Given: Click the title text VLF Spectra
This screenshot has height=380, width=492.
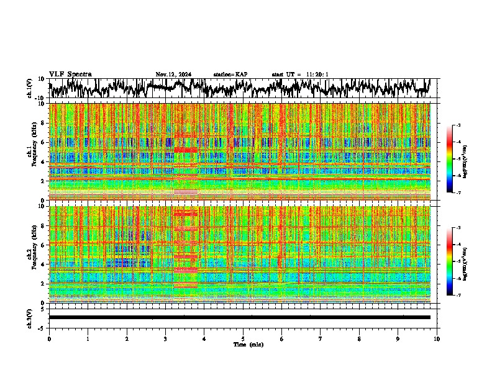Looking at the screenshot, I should [70, 74].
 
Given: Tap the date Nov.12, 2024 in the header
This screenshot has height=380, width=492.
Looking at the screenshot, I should [173, 75].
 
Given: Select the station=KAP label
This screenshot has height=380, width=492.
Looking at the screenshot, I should [230, 75].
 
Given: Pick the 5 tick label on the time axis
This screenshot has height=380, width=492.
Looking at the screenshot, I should [243, 338].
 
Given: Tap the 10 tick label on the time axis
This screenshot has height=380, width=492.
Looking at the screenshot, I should [437, 338].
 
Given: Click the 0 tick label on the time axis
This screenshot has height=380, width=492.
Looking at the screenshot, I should [49, 338].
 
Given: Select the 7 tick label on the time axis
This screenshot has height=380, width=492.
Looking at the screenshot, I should [321, 338].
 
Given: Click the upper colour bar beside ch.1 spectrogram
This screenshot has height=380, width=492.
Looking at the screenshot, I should [456, 159].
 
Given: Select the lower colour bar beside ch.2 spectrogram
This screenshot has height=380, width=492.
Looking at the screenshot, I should [456, 261].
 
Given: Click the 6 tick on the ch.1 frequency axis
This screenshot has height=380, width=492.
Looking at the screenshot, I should [43, 142].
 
